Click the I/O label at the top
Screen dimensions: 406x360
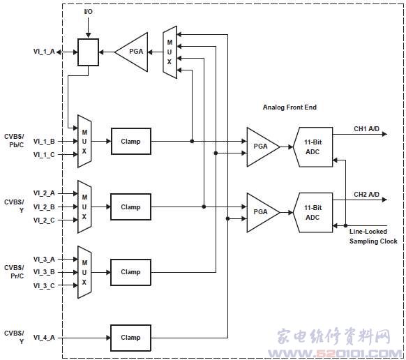click(89, 12)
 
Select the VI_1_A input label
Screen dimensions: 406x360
click(44, 52)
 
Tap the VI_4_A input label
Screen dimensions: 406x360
click(44, 338)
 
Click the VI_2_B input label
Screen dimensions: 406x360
click(44, 207)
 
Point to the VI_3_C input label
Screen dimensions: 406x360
click(44, 285)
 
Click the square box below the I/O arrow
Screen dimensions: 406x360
click(89, 52)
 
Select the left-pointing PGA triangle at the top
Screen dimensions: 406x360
click(132, 52)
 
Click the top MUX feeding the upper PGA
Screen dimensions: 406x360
click(170, 52)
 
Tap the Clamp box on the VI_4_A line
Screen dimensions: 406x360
click(130, 338)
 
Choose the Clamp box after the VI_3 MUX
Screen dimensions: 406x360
click(130, 272)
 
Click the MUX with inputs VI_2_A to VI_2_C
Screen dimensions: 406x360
click(84, 207)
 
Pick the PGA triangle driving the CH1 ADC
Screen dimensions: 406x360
click(263, 147)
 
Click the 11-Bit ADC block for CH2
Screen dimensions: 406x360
click(313, 212)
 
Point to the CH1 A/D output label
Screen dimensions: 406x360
click(366, 128)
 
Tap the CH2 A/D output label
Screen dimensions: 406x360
click(366, 194)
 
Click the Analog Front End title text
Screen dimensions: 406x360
click(290, 107)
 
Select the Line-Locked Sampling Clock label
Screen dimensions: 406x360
click(373, 237)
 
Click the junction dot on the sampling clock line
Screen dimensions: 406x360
click(346, 225)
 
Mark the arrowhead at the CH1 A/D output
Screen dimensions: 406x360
click(385, 134)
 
